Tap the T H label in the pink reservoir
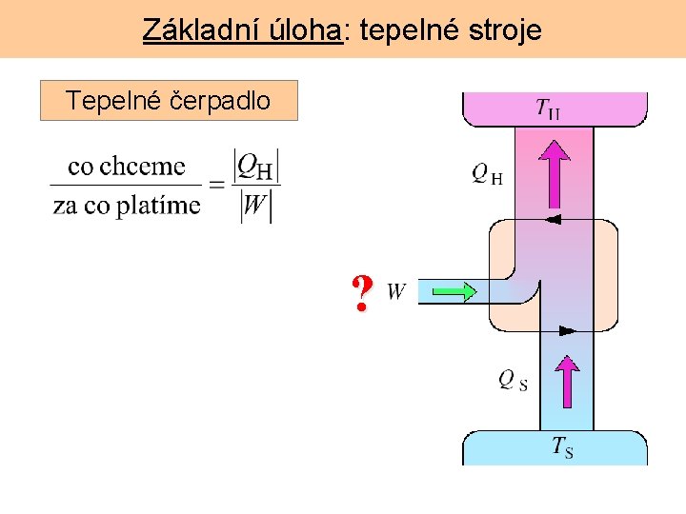coord(548,109)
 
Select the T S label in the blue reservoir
coord(562,446)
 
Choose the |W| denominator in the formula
coord(256,206)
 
